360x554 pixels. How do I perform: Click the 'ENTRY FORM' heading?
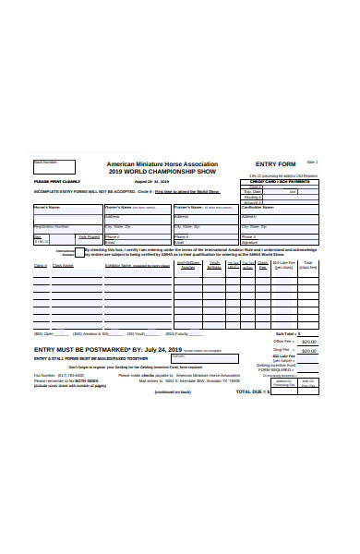[275, 163]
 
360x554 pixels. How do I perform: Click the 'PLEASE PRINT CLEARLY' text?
[57, 183]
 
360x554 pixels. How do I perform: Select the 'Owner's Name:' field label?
[121, 208]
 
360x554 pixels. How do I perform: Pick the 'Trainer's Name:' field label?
[189, 208]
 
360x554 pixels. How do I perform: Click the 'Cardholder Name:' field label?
[259, 208]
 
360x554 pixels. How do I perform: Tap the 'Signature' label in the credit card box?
[250, 241]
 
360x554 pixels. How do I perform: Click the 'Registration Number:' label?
[52, 225]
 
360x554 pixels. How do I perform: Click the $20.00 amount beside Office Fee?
[309, 341]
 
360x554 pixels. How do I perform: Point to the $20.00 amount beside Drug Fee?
[309, 351]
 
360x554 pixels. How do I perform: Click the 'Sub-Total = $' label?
[286, 332]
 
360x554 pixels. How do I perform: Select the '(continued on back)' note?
[173, 391]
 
